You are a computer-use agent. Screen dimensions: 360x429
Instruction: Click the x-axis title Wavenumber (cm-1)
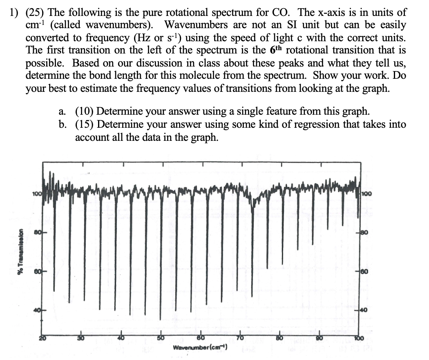coord(200,348)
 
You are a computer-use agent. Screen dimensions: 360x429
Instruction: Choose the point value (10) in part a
coord(85,111)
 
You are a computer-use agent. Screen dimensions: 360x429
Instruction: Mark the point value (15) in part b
coord(85,124)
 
